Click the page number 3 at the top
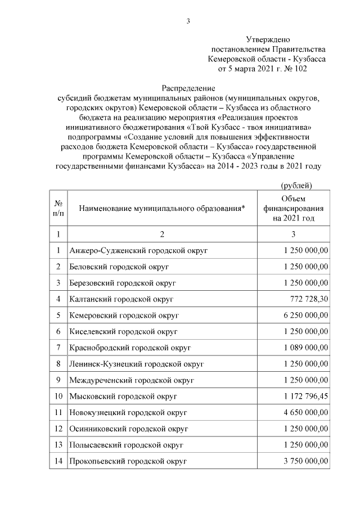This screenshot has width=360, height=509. [x=189, y=21]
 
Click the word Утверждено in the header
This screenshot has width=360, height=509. [x=268, y=39]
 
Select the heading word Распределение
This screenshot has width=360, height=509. [x=189, y=88]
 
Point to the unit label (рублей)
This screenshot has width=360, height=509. [x=296, y=186]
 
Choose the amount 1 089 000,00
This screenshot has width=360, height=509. [x=303, y=348]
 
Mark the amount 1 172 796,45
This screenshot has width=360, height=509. [x=303, y=397]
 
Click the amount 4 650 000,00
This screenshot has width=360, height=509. [x=303, y=413]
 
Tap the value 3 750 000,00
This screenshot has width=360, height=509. [x=303, y=462]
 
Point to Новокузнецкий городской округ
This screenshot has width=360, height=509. [x=128, y=413]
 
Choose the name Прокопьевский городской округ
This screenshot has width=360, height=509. [x=128, y=462]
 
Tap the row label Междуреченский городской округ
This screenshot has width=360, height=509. [x=130, y=380]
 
